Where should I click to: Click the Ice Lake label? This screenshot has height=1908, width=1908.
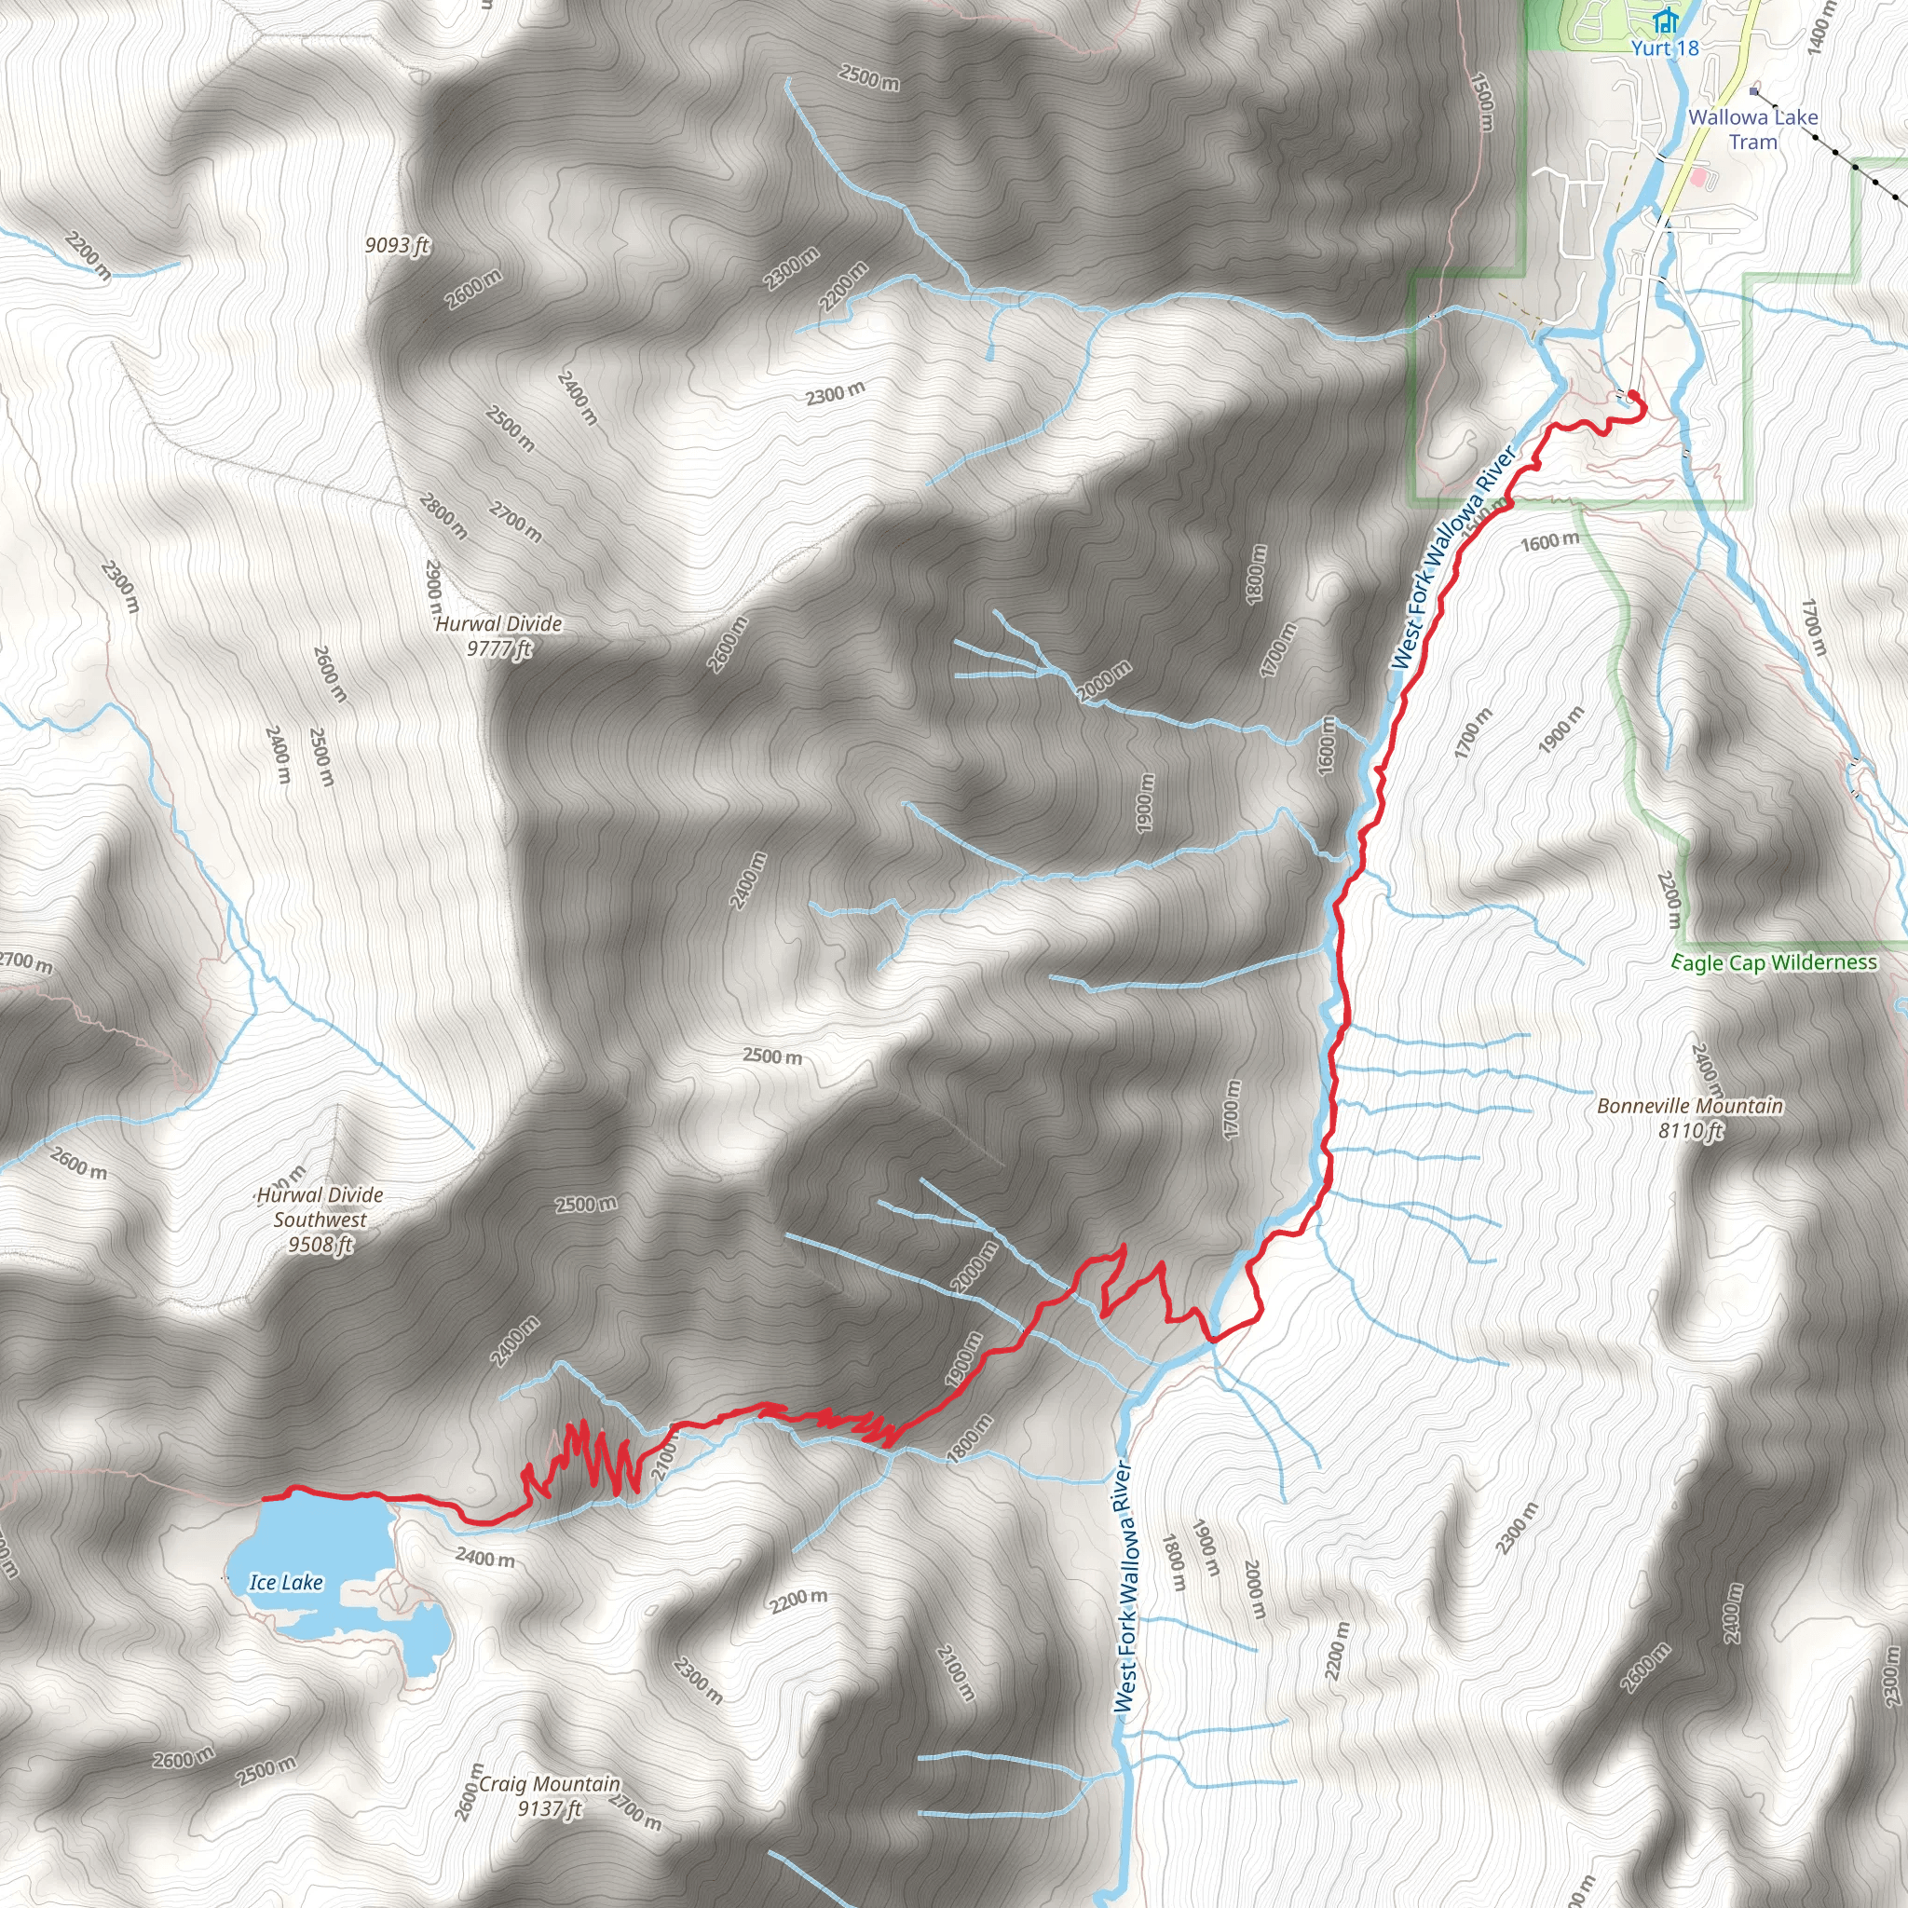(x=285, y=1582)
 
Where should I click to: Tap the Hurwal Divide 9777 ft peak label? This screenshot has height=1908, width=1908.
(x=498, y=636)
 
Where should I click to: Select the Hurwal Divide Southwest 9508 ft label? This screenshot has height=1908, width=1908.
(x=319, y=1220)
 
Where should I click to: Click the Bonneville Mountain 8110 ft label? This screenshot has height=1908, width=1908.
(x=1690, y=1118)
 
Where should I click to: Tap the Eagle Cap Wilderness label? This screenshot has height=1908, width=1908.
(x=1774, y=963)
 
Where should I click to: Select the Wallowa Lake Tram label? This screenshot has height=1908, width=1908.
(x=1753, y=129)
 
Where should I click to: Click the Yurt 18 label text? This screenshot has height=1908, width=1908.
(x=1665, y=48)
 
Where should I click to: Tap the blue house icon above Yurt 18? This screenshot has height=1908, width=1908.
(x=1666, y=20)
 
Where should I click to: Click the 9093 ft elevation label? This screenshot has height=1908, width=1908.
(x=397, y=244)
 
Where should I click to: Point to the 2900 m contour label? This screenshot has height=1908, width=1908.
(x=432, y=590)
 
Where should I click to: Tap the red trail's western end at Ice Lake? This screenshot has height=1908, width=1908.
(x=265, y=1498)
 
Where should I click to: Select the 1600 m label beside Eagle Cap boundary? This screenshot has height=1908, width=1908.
(x=1549, y=542)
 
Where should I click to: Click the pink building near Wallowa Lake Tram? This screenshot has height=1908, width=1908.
(x=1698, y=179)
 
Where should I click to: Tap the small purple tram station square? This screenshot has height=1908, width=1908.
(x=1754, y=92)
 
